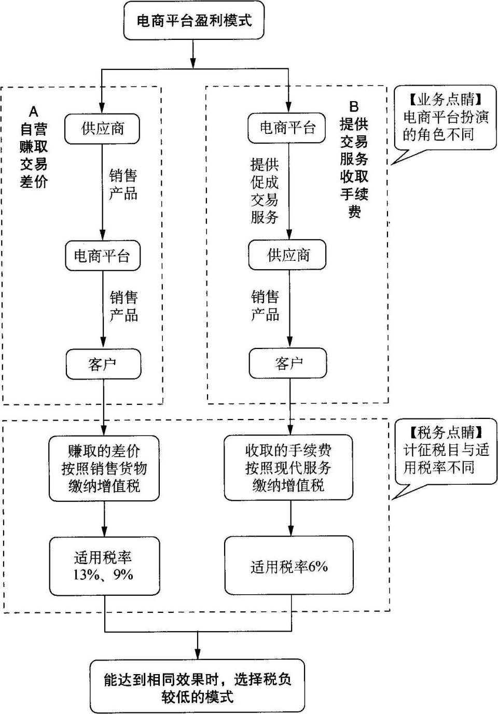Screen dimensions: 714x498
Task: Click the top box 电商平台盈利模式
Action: click(x=194, y=21)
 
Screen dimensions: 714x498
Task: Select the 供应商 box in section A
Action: click(x=102, y=129)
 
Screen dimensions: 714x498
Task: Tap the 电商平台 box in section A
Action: click(x=102, y=256)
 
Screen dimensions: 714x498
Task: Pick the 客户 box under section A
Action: click(x=103, y=364)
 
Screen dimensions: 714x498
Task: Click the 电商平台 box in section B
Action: click(x=287, y=128)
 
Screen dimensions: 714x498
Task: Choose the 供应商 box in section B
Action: click(x=288, y=255)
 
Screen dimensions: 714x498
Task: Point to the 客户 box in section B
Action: click(x=288, y=363)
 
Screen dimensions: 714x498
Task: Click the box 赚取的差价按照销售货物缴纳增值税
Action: click(x=104, y=469)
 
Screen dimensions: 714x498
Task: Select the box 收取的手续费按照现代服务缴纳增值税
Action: click(x=288, y=468)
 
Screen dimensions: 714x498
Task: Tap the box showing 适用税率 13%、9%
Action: click(x=104, y=566)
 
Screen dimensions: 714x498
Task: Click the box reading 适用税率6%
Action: click(x=288, y=566)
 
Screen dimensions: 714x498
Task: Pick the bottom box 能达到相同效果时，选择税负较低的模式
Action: click(x=197, y=687)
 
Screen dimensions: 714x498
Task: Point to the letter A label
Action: click(x=34, y=111)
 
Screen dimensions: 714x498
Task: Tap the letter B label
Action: click(x=354, y=107)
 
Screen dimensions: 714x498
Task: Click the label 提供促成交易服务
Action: click(x=265, y=191)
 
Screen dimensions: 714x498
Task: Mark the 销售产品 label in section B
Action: click(x=265, y=305)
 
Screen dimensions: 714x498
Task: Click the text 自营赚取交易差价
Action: click(x=34, y=155)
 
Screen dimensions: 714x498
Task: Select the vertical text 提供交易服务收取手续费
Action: click(x=354, y=167)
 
